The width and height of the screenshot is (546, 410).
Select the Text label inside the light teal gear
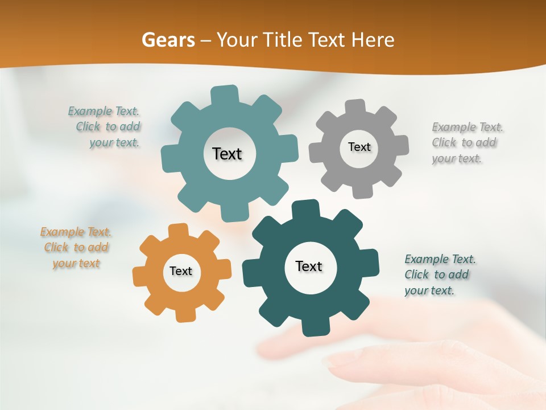click(x=227, y=154)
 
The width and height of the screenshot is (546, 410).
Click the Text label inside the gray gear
click(x=359, y=147)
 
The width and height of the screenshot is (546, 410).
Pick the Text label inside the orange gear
click(x=181, y=271)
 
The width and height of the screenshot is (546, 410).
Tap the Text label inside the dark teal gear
click(x=309, y=266)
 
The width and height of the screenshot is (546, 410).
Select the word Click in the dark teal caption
click(x=416, y=274)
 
